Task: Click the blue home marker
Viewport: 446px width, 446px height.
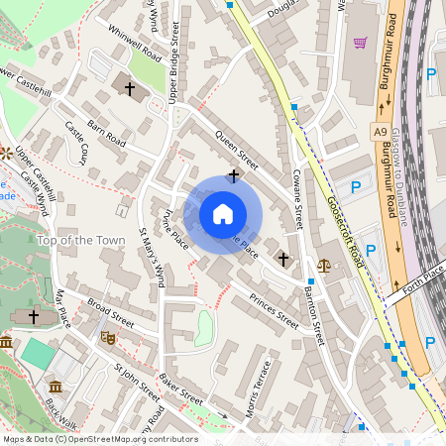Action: (x=223, y=213)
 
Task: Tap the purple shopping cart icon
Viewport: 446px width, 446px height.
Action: (x=360, y=43)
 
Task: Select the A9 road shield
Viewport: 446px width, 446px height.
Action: (x=381, y=132)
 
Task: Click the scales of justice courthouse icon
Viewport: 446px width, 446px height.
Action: (x=325, y=265)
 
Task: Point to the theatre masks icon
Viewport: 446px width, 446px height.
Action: (x=108, y=338)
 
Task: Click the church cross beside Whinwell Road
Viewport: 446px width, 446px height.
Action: (x=130, y=88)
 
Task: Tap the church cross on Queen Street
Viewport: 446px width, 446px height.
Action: (x=234, y=176)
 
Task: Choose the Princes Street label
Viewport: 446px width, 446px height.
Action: (x=274, y=311)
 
